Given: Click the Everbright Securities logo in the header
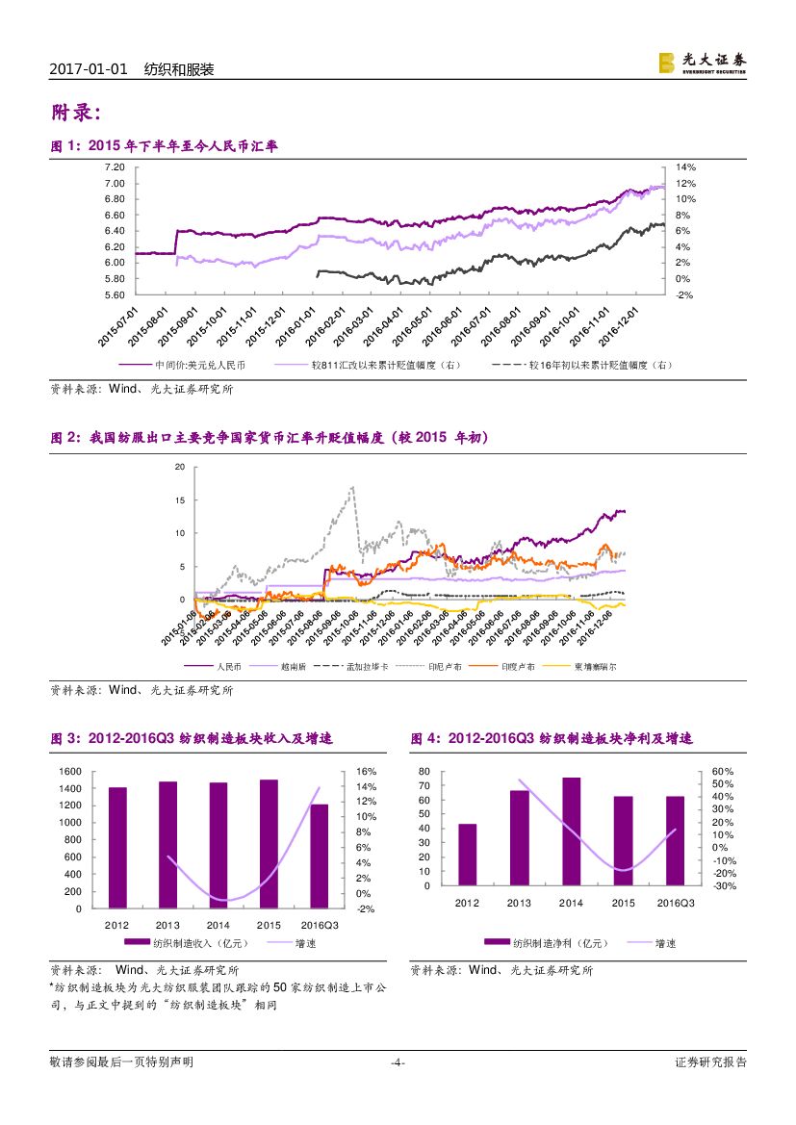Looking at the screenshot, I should [x=702, y=63].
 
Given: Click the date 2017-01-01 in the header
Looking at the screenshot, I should [x=89, y=70].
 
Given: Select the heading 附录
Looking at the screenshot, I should [x=75, y=114].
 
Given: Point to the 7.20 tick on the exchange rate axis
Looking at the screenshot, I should [x=114, y=167].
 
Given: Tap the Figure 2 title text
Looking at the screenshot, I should [x=270, y=438].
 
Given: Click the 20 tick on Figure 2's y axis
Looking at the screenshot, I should [x=179, y=467].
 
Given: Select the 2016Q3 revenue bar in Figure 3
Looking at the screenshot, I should [x=319, y=856].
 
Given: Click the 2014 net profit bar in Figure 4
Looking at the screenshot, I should [x=571, y=831].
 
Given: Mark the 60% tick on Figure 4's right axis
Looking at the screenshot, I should [x=723, y=772].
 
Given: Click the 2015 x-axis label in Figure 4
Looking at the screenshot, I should [x=623, y=903].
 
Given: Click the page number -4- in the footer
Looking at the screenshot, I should [x=398, y=1062].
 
